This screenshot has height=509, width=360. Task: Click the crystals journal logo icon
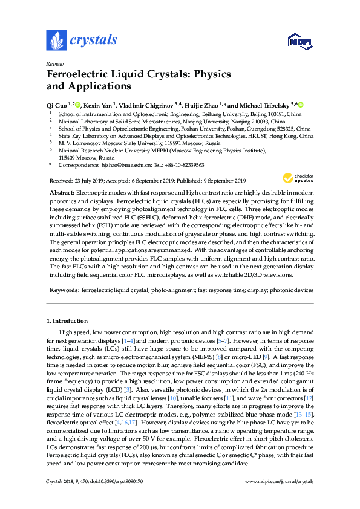[56, 41]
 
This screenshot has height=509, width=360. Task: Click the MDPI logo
[300, 41]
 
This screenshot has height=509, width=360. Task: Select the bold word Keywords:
[64, 290]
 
